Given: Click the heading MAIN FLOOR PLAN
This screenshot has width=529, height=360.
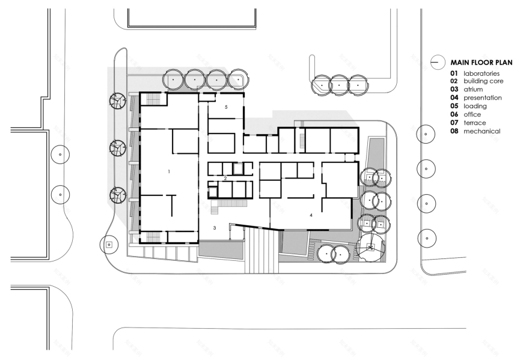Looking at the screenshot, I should (482, 62).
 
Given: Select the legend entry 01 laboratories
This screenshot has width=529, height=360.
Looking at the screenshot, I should (475, 73).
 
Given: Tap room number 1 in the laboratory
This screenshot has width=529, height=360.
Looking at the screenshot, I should (169, 172).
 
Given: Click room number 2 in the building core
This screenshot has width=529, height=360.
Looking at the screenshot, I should (224, 178).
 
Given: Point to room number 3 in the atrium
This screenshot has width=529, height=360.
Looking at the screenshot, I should (215, 228).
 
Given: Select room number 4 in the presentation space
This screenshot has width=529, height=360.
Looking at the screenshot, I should (311, 215).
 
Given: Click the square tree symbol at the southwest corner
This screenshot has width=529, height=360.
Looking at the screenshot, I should (109, 244).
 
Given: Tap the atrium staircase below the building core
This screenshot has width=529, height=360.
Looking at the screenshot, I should (228, 204).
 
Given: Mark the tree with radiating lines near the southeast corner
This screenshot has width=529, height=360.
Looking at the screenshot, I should (372, 246).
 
